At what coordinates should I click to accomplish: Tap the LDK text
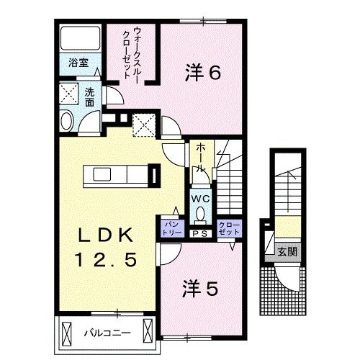tap(104, 235)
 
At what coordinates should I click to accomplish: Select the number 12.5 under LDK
tap(104, 257)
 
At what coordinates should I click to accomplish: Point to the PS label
tap(200, 232)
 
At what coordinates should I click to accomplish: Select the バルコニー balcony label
tap(105, 333)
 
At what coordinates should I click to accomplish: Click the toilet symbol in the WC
tap(200, 214)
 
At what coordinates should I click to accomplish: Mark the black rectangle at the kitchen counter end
tap(153, 176)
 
